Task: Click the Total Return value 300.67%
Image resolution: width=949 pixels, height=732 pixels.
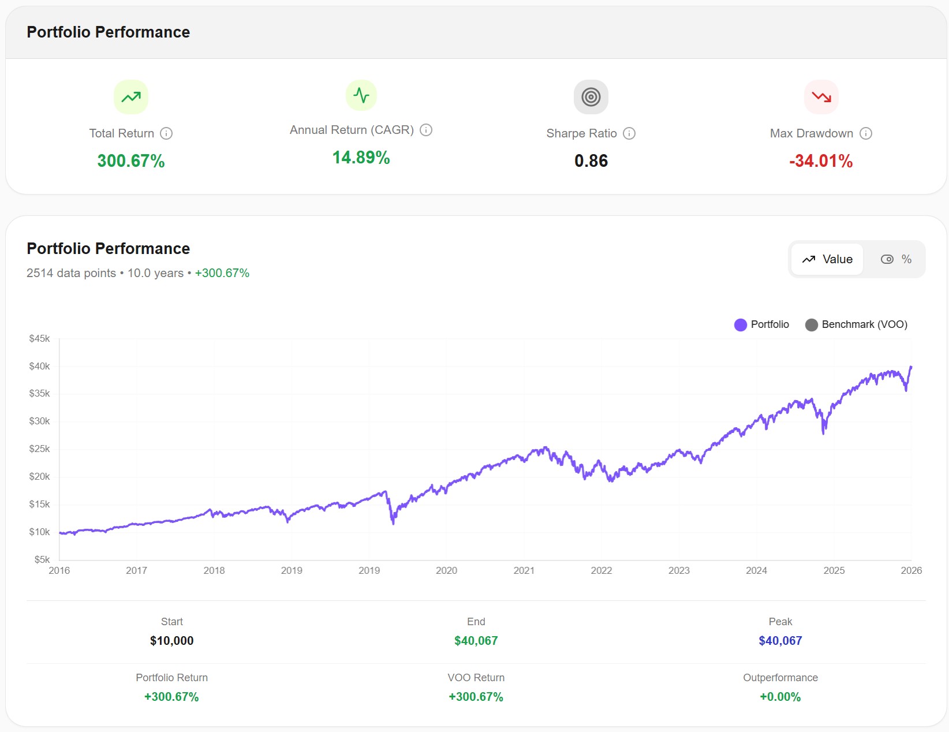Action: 131,160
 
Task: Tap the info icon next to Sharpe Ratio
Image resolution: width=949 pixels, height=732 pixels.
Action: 629,133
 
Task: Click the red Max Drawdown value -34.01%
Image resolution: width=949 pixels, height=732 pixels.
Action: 820,160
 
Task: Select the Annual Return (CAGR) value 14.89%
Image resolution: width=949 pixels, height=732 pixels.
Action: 361,157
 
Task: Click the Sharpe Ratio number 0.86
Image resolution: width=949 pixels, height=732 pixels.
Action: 591,160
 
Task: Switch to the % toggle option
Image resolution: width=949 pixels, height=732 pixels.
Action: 896,259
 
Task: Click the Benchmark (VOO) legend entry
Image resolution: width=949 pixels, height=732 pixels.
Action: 856,324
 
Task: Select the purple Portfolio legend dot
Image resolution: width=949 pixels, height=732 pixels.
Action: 741,325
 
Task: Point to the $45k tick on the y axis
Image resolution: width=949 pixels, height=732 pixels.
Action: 39,338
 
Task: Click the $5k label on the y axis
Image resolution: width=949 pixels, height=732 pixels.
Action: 42,559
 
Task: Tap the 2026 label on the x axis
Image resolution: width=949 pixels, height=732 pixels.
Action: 911,570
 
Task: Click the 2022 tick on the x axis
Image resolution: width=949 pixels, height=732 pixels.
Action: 601,570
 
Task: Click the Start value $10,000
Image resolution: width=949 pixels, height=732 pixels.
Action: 171,640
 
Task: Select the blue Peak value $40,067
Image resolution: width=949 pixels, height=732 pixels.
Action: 780,640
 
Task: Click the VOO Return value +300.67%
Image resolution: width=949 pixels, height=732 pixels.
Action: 476,696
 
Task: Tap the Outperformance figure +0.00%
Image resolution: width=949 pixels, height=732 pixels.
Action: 780,696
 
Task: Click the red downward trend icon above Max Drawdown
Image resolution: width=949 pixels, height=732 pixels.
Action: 821,97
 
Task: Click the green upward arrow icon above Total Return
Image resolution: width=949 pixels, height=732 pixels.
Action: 131,97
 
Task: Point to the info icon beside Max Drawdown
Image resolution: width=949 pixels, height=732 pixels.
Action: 865,133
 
